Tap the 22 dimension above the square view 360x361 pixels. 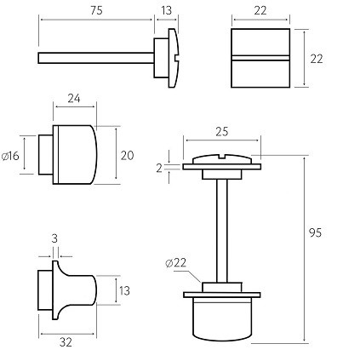(x=260, y=10)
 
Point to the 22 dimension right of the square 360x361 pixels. (x=317, y=59)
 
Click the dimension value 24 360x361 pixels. (x=74, y=99)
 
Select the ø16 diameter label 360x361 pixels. (x=11, y=156)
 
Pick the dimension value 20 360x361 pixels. (x=127, y=155)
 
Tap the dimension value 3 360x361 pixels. (x=54, y=240)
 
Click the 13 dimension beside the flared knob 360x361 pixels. (x=123, y=291)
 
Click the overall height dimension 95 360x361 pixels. (x=315, y=232)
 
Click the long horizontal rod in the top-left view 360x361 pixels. (x=94, y=58)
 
